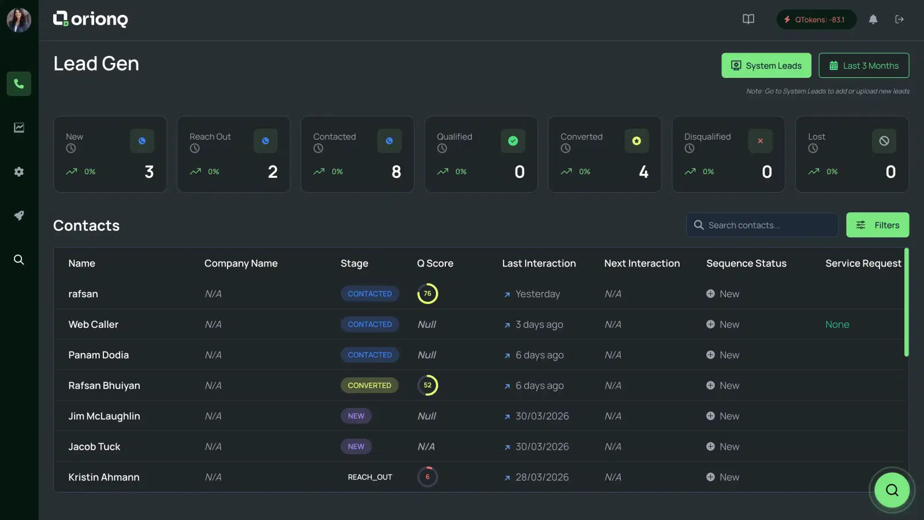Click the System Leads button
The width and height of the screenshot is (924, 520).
coord(766,66)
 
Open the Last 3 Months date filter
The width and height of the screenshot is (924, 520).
coord(863,66)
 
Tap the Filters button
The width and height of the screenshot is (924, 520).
coord(877,225)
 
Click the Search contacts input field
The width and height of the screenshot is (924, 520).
coord(762,225)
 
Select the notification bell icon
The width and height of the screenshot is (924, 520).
coord(873,20)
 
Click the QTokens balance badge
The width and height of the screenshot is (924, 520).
coord(816,20)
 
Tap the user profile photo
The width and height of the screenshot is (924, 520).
coord(18,20)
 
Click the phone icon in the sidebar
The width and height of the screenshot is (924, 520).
coord(19,84)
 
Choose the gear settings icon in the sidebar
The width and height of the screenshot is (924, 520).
coord(19,172)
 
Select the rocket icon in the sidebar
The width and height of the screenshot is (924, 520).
coord(19,216)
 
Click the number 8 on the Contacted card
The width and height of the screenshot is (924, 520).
coord(396,172)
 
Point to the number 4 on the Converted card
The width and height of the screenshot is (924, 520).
coord(643,172)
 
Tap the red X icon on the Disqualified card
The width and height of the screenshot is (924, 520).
coord(760,141)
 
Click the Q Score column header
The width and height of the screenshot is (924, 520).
coord(435,263)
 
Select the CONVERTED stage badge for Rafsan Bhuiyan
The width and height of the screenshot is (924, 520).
coord(369,386)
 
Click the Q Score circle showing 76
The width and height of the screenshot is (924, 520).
coord(427,294)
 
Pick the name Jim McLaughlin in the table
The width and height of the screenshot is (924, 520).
coord(104,416)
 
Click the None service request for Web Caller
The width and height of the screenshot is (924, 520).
coord(837,324)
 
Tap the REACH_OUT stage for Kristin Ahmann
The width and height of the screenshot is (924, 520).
coord(370,477)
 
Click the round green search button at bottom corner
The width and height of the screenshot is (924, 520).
coord(892,490)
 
